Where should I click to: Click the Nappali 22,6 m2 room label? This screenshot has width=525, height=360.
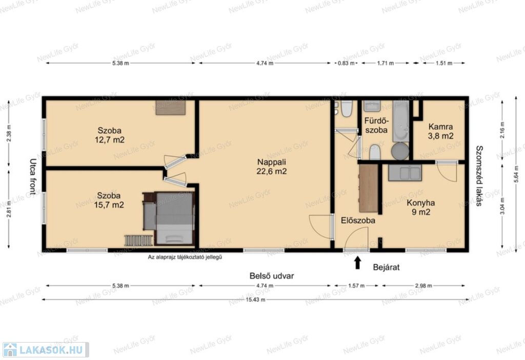[272, 167]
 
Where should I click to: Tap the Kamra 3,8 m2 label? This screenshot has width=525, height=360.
[440, 131]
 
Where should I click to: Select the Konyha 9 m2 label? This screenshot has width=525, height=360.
[421, 207]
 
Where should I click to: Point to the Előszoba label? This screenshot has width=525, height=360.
[358, 221]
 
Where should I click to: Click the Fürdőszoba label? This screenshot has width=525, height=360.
[376, 125]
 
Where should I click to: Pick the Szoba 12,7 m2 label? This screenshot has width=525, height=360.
[110, 135]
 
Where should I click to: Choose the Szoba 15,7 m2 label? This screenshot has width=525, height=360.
[109, 200]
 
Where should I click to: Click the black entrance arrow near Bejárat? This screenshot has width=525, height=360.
[357, 263]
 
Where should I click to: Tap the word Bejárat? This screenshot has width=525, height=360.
[386, 267]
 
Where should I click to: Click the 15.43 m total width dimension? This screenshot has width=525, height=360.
[255, 299]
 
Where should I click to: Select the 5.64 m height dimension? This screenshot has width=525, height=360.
[516, 175]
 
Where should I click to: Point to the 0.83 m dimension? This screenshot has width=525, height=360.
[346, 63]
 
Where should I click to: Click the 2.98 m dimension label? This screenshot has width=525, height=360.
[423, 286]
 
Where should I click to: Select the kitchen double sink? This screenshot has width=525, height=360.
[405, 172]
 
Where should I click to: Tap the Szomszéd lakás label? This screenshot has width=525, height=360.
[479, 175]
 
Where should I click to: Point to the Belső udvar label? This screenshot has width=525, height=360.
[272, 276]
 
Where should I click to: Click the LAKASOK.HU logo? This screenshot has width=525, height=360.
[46, 350]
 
